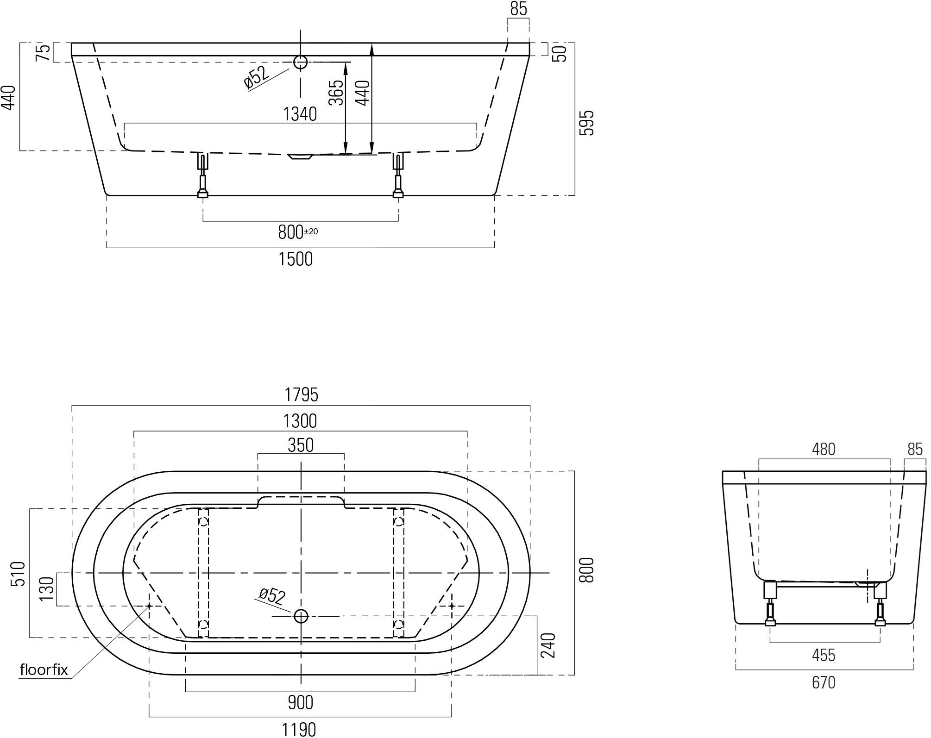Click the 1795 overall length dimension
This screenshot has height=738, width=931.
301,395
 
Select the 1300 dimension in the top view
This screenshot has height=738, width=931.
300,421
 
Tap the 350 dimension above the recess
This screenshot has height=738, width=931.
301,445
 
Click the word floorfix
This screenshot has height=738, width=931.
44,670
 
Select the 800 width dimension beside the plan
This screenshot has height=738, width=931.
586,570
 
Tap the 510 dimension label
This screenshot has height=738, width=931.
18,574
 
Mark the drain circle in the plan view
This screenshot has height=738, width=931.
301,616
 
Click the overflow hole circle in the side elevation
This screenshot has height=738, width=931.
301,62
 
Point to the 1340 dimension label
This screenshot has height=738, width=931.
300,114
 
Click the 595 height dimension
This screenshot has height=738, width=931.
586,123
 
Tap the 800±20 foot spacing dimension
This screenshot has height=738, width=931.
297,232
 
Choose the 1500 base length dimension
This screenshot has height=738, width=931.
296,259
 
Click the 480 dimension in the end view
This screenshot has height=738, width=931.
824,449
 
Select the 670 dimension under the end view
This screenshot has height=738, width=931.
824,682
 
